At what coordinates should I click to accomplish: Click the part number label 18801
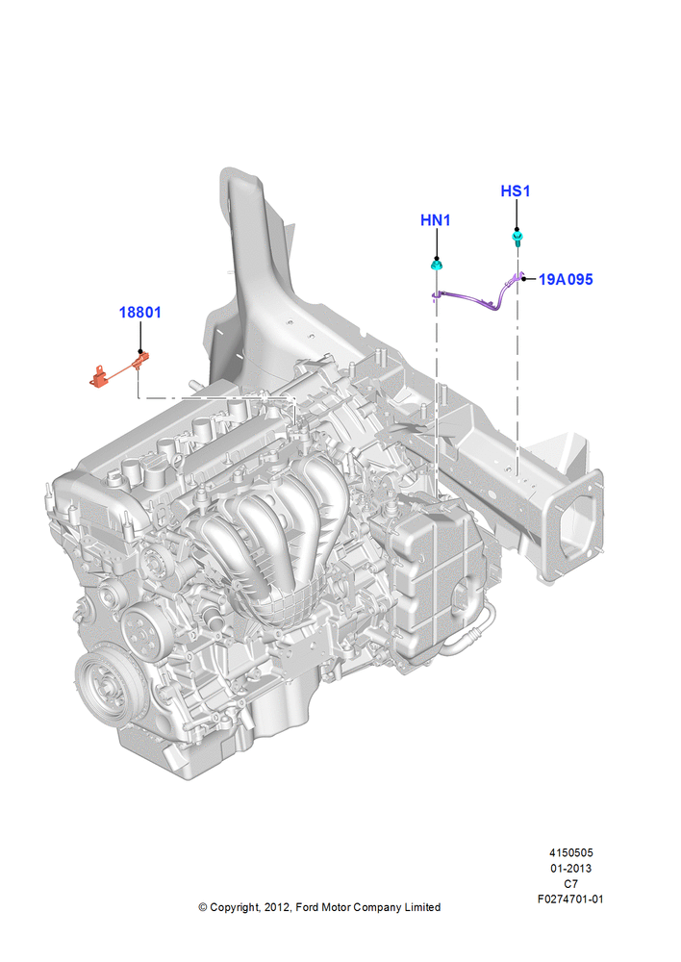point(139,313)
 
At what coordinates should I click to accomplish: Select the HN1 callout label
point(436,219)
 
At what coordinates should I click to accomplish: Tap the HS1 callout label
point(516,190)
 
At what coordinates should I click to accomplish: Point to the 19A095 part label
point(566,279)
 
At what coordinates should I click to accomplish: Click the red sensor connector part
point(119,371)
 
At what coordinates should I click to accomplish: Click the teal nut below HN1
point(437,266)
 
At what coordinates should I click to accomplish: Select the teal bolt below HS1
point(517,238)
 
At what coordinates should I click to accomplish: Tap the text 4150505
point(571,852)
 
